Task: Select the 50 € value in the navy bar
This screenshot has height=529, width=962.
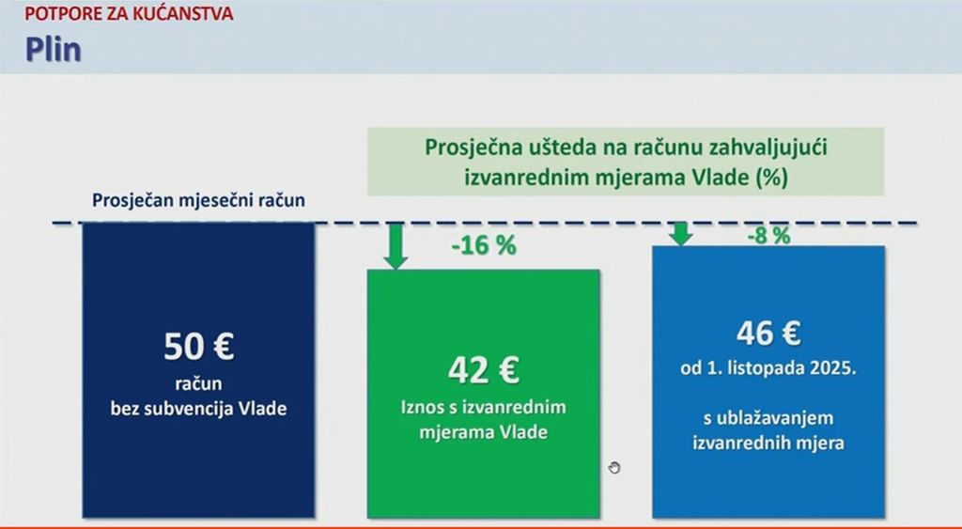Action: tap(198, 347)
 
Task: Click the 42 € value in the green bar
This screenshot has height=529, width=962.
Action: tap(483, 370)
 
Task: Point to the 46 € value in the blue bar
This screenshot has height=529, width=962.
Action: tap(768, 333)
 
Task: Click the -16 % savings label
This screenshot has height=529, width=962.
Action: tap(484, 246)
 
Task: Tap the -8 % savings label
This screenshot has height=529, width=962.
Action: tap(768, 235)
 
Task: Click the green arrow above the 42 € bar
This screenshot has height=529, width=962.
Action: tap(396, 247)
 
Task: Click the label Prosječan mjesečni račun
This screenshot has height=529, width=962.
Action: tap(198, 200)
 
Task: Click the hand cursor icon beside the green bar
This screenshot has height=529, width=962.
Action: tap(615, 467)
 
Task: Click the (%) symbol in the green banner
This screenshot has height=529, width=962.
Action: tap(769, 176)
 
